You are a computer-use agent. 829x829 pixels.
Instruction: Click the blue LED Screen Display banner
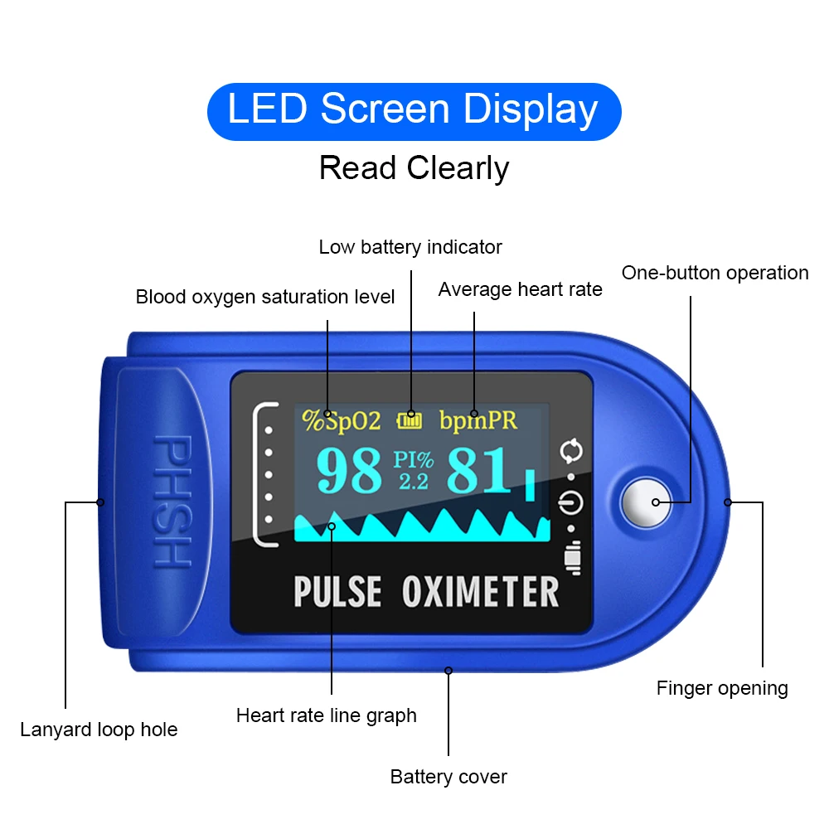414,111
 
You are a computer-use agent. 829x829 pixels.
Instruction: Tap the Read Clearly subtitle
414,168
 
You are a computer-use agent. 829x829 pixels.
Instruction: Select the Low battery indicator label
410,247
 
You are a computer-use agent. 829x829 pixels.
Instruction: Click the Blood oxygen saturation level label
265,297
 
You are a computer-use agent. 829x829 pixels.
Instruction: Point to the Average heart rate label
520,289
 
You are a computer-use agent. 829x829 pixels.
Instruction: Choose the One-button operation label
715,273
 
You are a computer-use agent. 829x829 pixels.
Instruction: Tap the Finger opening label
721,688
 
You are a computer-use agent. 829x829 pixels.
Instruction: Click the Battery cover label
448,777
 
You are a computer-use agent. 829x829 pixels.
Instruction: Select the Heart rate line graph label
326,715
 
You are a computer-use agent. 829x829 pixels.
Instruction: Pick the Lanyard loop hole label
99,730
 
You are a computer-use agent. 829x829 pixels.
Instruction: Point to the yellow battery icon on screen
410,421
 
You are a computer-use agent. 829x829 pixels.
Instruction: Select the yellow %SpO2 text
342,421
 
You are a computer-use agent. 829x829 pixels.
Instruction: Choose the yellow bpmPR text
478,420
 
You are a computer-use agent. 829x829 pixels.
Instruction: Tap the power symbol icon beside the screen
572,502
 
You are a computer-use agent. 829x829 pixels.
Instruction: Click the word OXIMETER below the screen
480,592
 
